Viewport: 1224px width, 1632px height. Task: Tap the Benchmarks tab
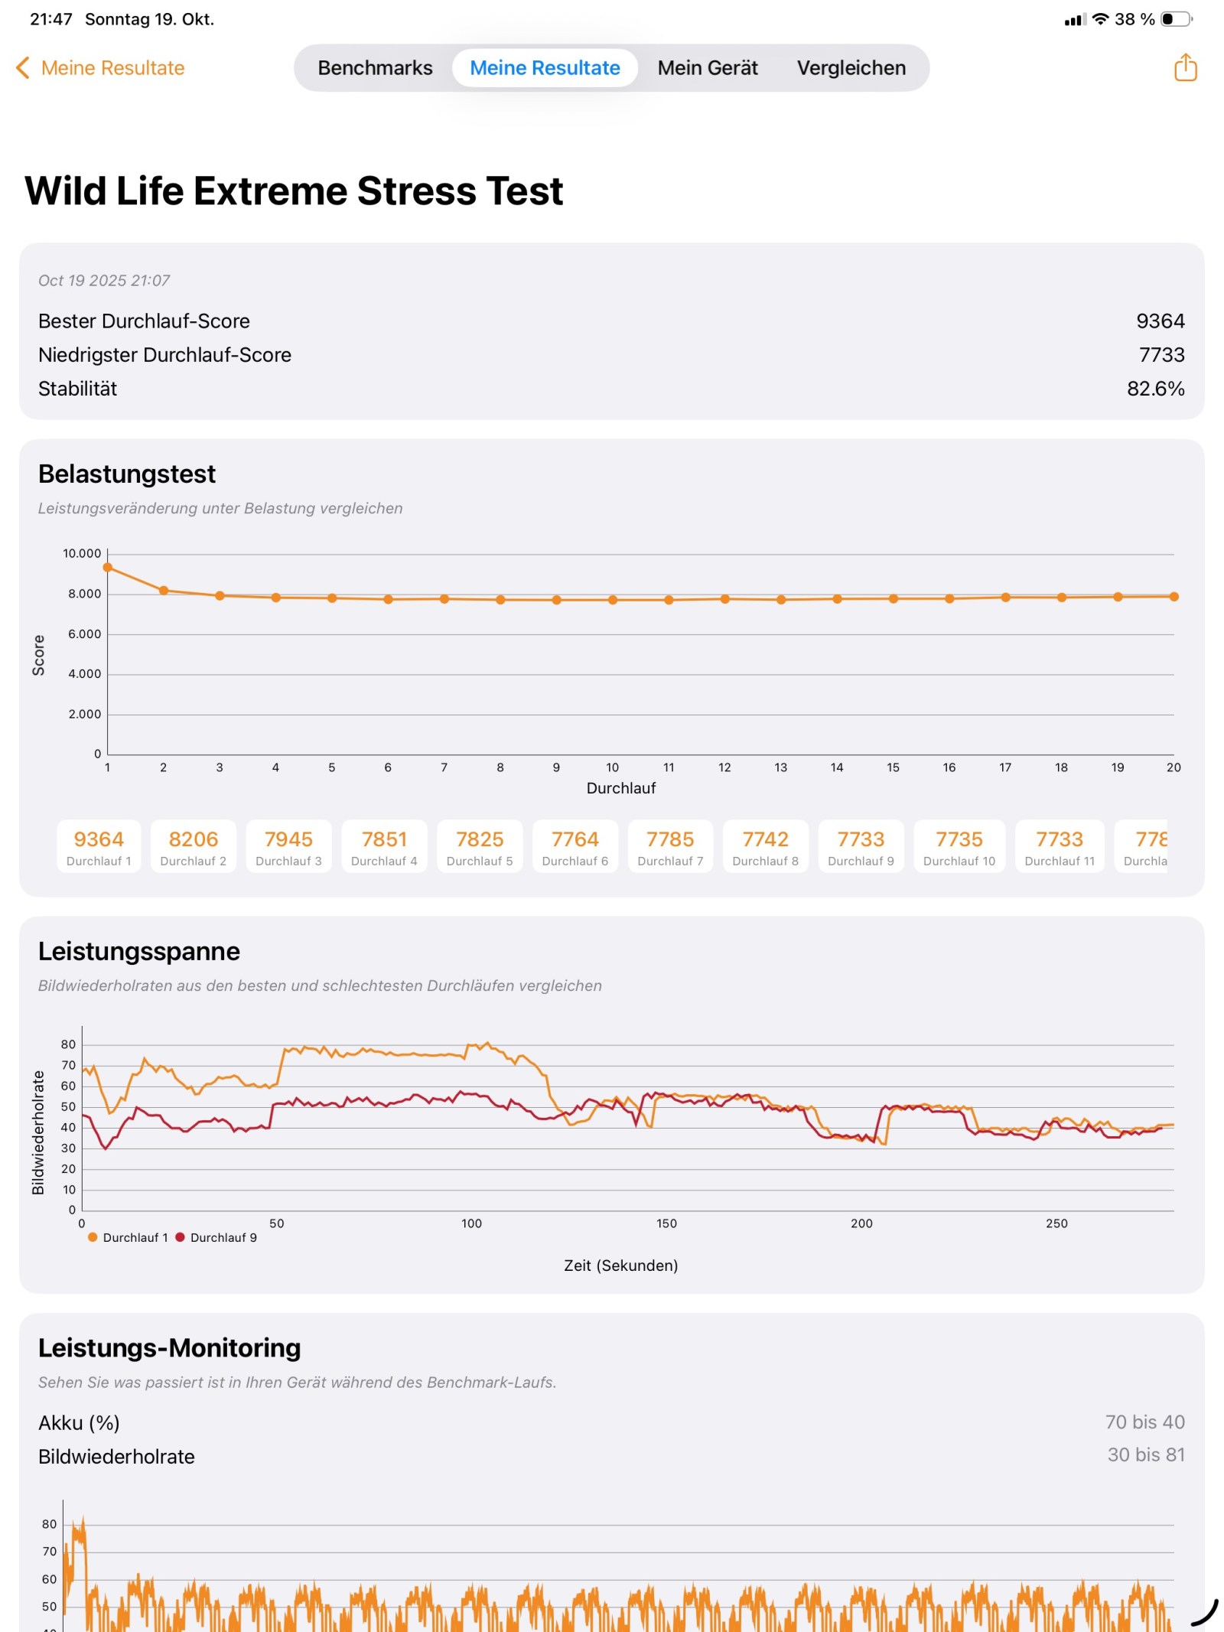coord(375,68)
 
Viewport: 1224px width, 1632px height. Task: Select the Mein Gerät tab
coord(707,68)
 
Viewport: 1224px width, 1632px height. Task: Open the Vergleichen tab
coord(851,68)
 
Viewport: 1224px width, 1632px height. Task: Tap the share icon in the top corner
coord(1184,67)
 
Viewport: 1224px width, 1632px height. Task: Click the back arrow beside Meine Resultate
coord(23,68)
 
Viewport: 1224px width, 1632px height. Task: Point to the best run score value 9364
coord(1160,321)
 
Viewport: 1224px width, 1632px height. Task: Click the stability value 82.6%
coord(1155,389)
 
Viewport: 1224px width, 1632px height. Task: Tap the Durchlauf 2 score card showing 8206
coord(194,846)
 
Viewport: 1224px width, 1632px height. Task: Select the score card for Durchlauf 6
coord(575,846)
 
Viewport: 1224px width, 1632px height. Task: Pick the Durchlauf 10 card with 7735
coord(959,846)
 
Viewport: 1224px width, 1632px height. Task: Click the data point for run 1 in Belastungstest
coord(108,568)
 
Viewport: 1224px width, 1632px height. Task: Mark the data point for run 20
coord(1174,597)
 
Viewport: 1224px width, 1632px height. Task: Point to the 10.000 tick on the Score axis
coord(82,553)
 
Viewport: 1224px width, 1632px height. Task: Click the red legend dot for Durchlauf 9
coord(181,1237)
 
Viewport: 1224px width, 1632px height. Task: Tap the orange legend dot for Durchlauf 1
coord(93,1237)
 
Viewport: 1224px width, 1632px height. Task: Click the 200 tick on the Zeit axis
coord(861,1223)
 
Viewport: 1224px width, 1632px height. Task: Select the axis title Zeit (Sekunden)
coord(620,1266)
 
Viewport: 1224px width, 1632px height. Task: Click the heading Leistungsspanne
coord(139,951)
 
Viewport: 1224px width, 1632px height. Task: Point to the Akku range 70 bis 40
coord(1144,1422)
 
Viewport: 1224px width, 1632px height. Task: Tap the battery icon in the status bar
coord(1176,19)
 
